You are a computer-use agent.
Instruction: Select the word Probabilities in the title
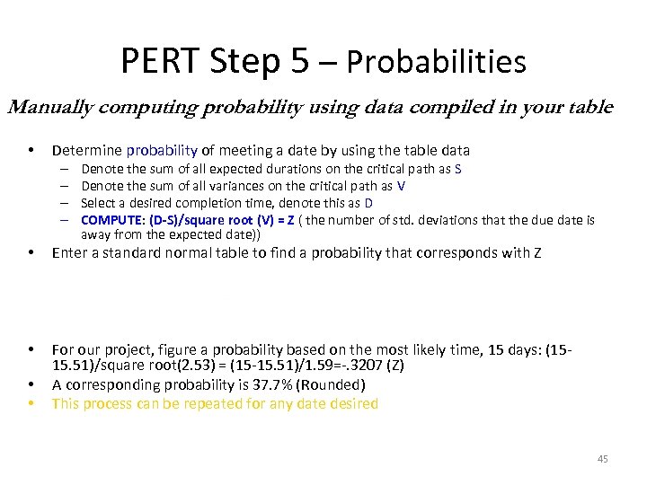(436, 63)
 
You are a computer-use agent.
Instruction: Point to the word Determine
(87, 151)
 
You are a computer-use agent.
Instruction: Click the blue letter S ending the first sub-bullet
(458, 169)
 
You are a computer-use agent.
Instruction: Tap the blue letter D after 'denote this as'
(368, 203)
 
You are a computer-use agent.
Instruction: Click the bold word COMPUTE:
(113, 220)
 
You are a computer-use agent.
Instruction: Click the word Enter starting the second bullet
(69, 253)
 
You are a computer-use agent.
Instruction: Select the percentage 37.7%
(274, 385)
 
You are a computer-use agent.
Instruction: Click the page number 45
(602, 460)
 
